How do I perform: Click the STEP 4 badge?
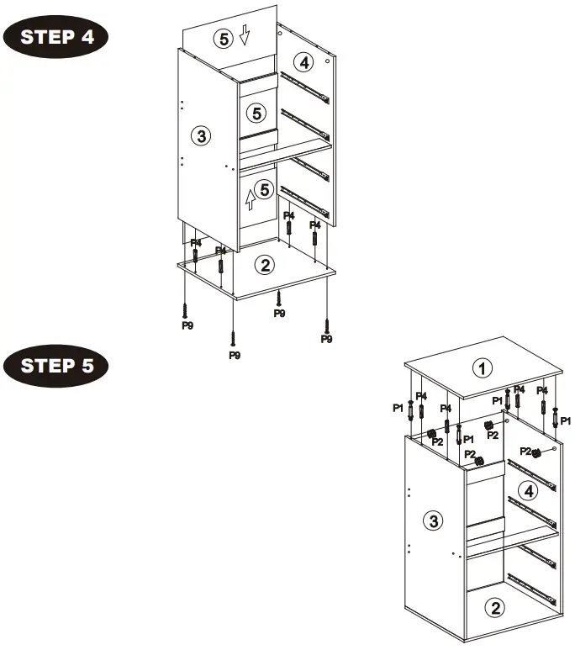[56, 38]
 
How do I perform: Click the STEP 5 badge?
[56, 366]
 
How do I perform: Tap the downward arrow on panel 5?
[245, 35]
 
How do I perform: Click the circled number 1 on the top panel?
[482, 368]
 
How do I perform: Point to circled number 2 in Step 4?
[265, 266]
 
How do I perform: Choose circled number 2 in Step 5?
[498, 607]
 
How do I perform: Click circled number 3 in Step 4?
[199, 136]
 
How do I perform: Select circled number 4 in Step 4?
[304, 61]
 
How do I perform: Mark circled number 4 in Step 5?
[528, 492]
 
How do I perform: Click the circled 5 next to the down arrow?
[223, 38]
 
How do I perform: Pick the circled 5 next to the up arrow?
[266, 190]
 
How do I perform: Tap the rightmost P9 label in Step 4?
[327, 339]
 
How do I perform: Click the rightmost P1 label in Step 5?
[566, 420]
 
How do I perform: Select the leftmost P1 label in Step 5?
[398, 408]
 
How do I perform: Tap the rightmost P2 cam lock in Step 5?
[536, 453]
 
